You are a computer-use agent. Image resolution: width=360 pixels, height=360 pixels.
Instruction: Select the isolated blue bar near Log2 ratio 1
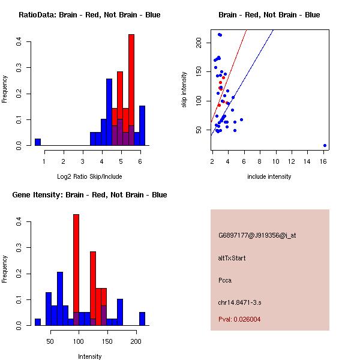click(x=38, y=142)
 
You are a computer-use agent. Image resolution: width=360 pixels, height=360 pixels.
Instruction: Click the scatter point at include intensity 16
click(x=325, y=145)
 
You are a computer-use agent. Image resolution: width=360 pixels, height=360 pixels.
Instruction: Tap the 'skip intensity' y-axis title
click(x=185, y=89)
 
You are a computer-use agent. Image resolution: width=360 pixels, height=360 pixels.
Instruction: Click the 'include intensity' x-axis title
click(x=269, y=176)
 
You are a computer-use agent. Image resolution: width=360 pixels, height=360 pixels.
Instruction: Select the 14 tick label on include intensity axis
click(x=309, y=161)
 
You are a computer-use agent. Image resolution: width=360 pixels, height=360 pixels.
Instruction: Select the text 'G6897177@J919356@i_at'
click(x=257, y=235)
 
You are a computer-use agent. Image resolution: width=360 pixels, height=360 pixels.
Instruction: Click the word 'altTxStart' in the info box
click(x=232, y=258)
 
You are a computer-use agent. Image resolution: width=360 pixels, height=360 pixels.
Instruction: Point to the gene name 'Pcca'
click(x=225, y=280)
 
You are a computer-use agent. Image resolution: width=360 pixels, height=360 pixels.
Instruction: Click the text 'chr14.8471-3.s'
click(x=238, y=301)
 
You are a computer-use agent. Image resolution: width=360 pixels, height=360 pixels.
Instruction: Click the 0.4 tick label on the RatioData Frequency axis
click(x=20, y=42)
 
